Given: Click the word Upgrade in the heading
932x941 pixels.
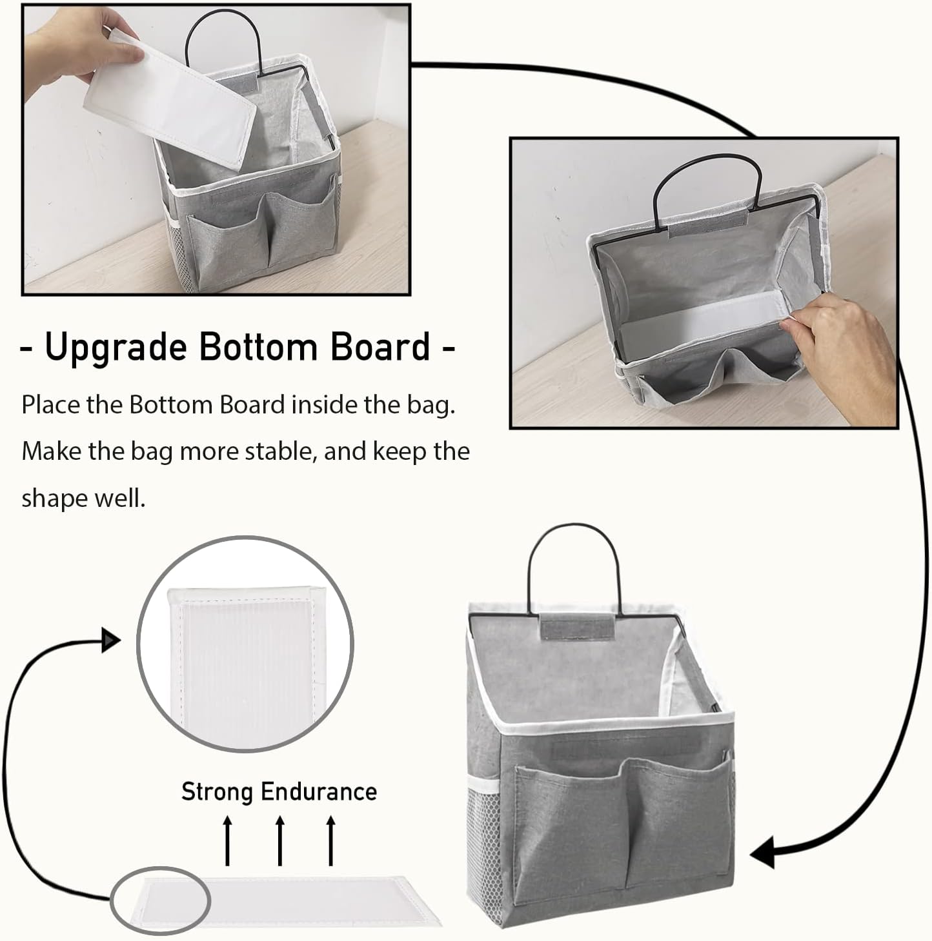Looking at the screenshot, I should click(x=115, y=348).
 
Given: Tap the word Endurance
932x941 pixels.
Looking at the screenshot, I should click(x=319, y=791).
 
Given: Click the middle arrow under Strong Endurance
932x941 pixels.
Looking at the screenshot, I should click(x=279, y=840).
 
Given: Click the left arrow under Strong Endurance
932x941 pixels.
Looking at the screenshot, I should click(x=227, y=840).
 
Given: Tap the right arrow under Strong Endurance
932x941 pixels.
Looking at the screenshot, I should click(x=331, y=840).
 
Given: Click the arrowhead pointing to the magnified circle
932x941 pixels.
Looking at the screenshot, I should click(x=111, y=641).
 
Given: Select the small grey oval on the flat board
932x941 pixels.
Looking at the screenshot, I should click(x=160, y=900).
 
